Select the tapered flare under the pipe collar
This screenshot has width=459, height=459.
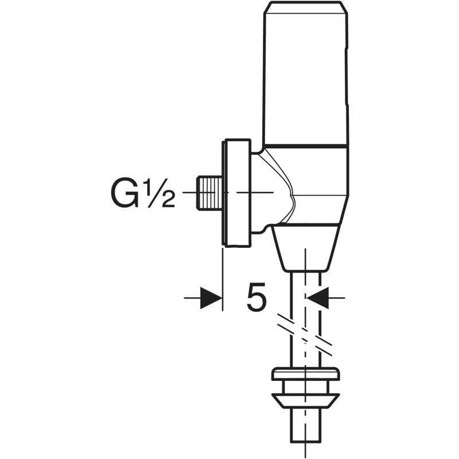pos(305,396)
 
